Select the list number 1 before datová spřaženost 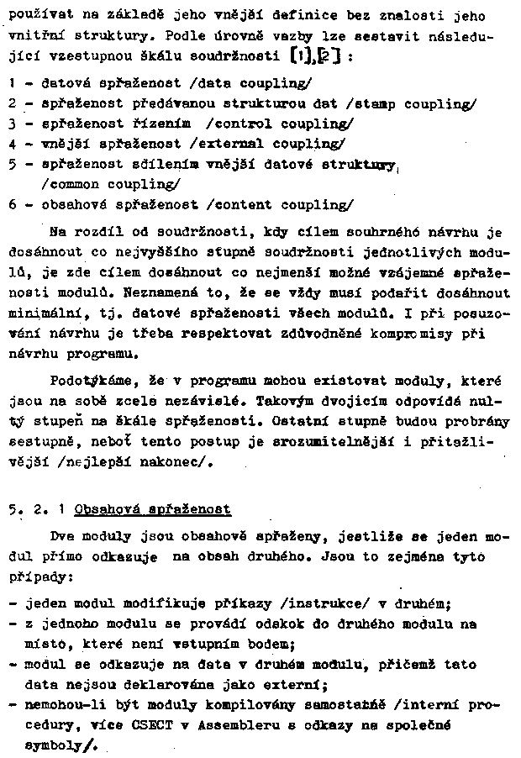click(x=11, y=83)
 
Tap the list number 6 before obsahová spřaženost click(x=11, y=204)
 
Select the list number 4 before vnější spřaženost click(x=11, y=144)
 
